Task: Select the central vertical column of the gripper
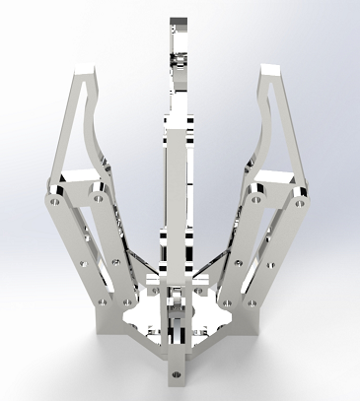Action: [x=180, y=197]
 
